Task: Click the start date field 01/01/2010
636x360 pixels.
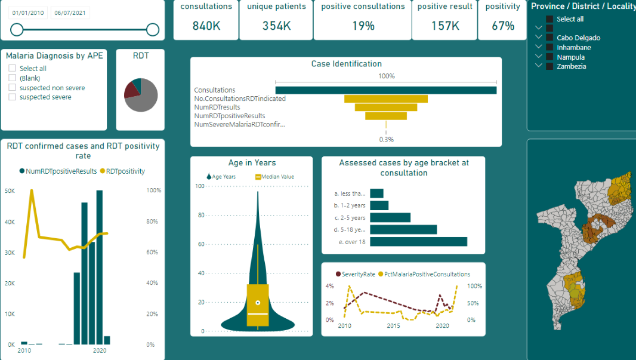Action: point(28,13)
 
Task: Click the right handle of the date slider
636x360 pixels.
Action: point(153,30)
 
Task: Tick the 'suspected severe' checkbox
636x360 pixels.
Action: point(12,97)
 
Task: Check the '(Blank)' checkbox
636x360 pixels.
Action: point(12,78)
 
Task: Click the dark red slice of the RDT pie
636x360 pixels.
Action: point(131,90)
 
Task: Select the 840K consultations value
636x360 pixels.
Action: point(206,26)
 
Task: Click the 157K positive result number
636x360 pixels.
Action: point(445,26)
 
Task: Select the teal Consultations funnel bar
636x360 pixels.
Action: point(385,90)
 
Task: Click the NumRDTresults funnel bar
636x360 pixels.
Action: point(385,107)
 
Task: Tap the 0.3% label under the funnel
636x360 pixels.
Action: point(386,139)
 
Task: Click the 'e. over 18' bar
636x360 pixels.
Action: point(418,242)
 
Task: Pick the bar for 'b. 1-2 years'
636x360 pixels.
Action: point(379,205)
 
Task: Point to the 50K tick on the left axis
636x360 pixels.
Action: point(10,191)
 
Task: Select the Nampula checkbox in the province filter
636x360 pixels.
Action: point(549,57)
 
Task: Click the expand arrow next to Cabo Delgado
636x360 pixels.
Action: point(539,37)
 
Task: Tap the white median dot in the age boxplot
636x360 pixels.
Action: point(258,303)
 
